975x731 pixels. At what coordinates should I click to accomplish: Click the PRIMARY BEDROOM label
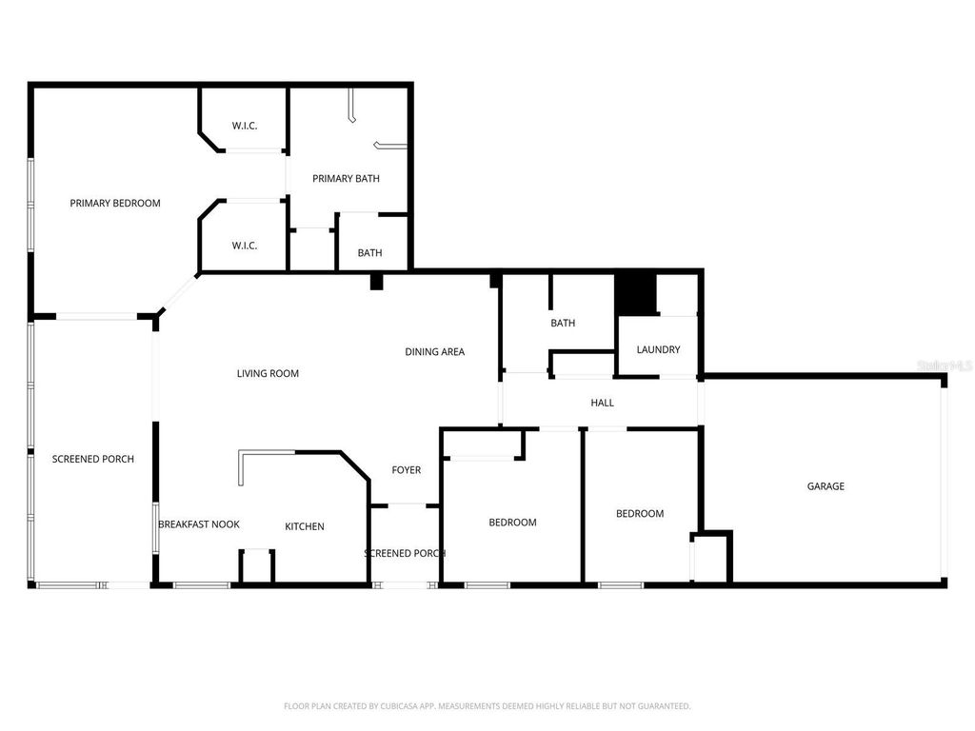click(x=115, y=203)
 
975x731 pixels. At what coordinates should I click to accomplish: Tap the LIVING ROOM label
click(x=268, y=374)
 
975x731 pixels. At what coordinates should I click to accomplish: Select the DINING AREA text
click(x=434, y=352)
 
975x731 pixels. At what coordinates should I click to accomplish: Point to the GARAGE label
click(x=826, y=486)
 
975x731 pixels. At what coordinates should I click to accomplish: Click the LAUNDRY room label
click(x=658, y=349)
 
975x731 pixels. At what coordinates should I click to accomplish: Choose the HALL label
click(x=602, y=403)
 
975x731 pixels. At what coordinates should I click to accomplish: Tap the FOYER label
click(x=406, y=470)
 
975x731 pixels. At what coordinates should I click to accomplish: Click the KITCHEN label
click(x=305, y=526)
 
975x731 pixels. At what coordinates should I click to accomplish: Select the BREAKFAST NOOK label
click(x=198, y=524)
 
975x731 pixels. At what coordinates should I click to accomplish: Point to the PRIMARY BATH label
click(x=346, y=178)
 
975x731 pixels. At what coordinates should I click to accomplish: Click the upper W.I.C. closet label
click(x=245, y=127)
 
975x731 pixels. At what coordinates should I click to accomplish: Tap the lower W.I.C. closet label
click(x=245, y=246)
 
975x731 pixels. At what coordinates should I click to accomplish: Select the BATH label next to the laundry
click(x=563, y=323)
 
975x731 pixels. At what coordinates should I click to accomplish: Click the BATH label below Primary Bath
click(x=369, y=253)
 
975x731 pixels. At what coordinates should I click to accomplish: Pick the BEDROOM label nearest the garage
click(x=640, y=514)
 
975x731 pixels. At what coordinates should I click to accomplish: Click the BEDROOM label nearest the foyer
click(x=512, y=523)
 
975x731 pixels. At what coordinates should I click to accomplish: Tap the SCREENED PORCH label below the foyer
click(x=405, y=553)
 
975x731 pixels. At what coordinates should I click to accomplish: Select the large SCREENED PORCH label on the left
click(x=92, y=459)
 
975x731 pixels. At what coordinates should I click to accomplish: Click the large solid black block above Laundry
click(x=636, y=293)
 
